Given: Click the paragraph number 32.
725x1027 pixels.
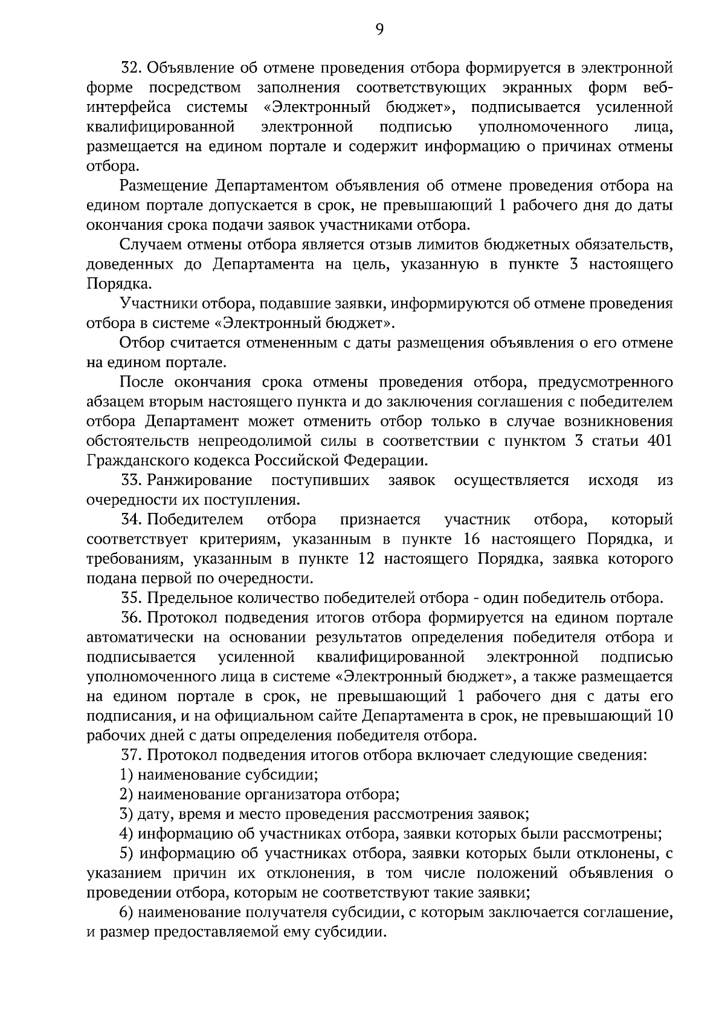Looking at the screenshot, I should pos(130,68).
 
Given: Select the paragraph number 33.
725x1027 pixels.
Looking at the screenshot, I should pos(130,481).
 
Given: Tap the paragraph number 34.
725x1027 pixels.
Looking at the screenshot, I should pos(130,520).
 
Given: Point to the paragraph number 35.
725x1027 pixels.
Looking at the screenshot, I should pos(130,599).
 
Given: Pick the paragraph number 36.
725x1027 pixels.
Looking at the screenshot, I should pos(130,618).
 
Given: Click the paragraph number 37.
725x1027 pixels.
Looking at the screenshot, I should pos(130,755).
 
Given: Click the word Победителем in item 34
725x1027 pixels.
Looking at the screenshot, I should pos(196,520).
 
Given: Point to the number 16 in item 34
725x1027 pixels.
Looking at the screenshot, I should pos(472,540).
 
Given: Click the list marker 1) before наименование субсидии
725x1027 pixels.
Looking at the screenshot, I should pos(126,775).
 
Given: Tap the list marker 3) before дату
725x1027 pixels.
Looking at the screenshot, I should pos(126,815).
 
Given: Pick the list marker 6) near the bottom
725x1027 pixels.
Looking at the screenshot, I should pos(126,913).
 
